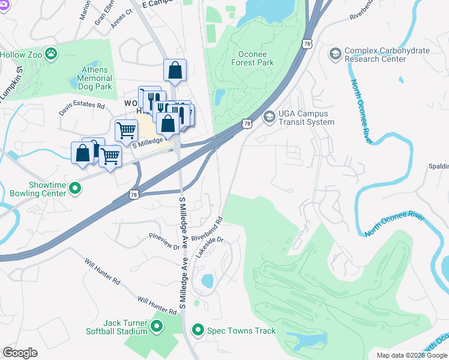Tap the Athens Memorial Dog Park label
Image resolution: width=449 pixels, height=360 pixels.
(x=95, y=79)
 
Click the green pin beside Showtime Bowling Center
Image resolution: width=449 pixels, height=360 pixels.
(x=75, y=189)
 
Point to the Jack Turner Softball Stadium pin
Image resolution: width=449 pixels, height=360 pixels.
(x=156, y=327)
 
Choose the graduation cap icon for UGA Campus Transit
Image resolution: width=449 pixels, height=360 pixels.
(x=269, y=116)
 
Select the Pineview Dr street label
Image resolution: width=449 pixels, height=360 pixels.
(x=165, y=241)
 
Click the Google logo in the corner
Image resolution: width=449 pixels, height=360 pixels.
(x=20, y=353)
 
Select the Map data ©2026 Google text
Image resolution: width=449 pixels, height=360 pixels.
(x=411, y=355)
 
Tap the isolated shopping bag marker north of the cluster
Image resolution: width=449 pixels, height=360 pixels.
(x=175, y=70)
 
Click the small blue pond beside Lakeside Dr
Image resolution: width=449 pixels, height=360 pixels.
(x=207, y=280)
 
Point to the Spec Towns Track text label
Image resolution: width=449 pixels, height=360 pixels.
(x=241, y=331)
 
